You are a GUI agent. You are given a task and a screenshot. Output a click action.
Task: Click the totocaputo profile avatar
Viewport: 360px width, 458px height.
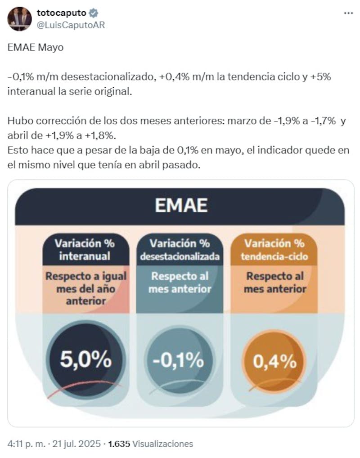[x=20, y=19]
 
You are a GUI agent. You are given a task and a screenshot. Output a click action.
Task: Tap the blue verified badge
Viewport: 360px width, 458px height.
[x=94, y=13]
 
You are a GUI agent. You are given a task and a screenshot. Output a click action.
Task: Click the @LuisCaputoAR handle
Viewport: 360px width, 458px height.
[x=71, y=25]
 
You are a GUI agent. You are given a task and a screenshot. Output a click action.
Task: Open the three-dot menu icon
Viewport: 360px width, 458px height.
[x=348, y=13]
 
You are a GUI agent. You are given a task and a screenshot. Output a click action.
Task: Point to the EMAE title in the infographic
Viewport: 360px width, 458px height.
[x=181, y=206]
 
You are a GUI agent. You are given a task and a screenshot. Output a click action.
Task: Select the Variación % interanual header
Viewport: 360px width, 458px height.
[x=85, y=250]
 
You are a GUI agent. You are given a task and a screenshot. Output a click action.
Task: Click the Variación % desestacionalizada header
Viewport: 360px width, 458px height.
[x=180, y=250]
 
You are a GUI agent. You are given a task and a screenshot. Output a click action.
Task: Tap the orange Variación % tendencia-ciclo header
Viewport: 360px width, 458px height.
[x=274, y=250]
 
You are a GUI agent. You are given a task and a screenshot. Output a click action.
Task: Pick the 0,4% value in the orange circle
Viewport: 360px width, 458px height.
[x=274, y=361]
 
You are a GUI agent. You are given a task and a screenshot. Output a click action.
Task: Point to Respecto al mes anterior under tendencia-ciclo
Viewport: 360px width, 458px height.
[x=275, y=283]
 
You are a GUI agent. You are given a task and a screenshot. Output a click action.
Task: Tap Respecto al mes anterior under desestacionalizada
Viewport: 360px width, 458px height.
[x=180, y=283]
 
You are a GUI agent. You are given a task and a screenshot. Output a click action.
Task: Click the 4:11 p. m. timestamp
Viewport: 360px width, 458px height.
[x=26, y=444]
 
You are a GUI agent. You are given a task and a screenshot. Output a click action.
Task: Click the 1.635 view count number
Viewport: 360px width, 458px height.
[x=119, y=444]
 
